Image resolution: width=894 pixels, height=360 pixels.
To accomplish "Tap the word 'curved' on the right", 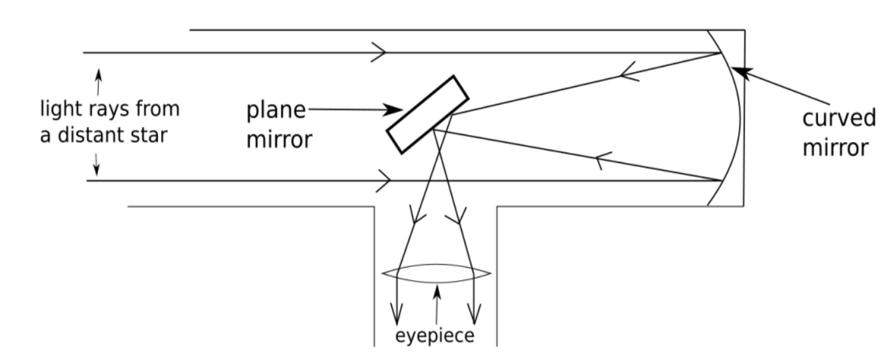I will (x=838, y=118).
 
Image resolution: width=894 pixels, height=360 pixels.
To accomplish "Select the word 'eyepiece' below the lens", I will (x=435, y=335).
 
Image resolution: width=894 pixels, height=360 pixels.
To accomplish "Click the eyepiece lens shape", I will (x=437, y=273).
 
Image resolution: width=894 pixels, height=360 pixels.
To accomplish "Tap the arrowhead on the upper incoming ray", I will (x=379, y=53).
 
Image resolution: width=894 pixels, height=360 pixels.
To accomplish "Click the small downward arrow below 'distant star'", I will (x=97, y=163).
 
